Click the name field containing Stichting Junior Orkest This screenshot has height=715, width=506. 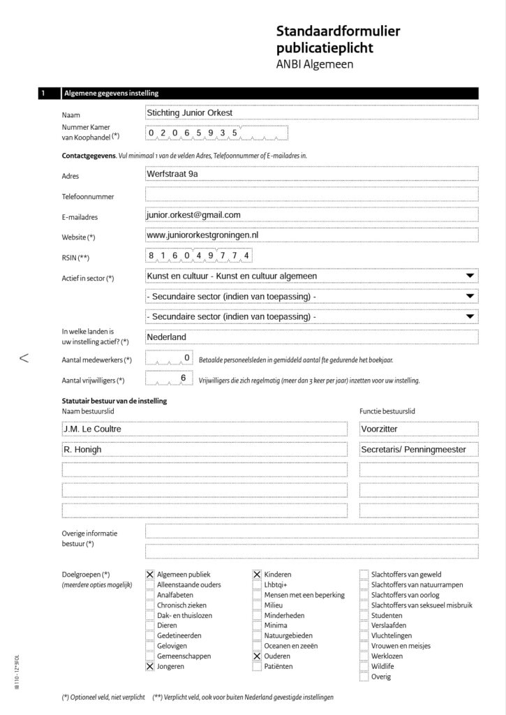pos(311,112)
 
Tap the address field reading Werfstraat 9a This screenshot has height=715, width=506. pos(311,175)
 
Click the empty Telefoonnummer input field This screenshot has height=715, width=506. pos(311,195)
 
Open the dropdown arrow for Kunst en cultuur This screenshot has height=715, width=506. pos(470,276)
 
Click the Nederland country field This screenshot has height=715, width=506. pos(311,337)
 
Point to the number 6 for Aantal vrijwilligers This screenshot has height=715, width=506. pos(183,378)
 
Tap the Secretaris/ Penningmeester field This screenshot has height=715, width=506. pos(418,450)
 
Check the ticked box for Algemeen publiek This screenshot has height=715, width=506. pos(150,575)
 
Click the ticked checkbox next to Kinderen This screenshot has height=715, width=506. pos(257,575)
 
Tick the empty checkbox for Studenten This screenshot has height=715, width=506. pos(364,616)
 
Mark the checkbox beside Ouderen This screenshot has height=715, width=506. pos(257,657)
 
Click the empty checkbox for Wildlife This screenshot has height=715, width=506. pos(364,667)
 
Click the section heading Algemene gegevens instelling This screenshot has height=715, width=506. pos(112,93)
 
